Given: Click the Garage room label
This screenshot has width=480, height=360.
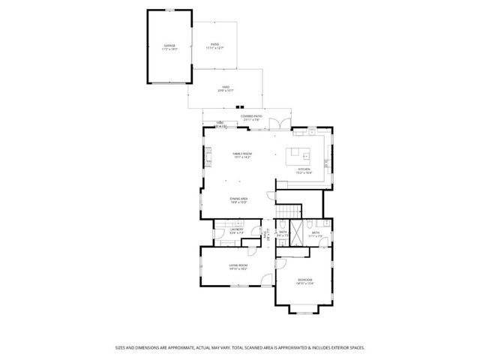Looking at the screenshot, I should coord(169,46).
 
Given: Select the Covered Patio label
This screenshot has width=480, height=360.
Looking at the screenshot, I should coord(251,117).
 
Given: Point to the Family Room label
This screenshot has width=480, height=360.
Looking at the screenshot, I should coord(242,154).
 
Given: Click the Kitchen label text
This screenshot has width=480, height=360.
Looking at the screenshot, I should coord(304,169).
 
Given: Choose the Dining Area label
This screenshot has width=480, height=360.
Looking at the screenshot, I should coord(238,198).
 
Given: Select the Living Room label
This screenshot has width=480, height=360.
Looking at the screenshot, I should coord(238,265).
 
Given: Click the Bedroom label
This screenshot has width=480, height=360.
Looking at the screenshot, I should coord(304,280).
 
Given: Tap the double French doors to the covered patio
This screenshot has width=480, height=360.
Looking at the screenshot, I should coord(280,123).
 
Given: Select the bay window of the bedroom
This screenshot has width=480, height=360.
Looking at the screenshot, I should coord(304,308).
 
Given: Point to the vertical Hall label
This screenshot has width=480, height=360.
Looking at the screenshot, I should coord(265,235).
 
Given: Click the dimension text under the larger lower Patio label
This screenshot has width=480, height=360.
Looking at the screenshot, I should coord(225,91).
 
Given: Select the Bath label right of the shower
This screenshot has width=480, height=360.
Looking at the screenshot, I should coord(316,232).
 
